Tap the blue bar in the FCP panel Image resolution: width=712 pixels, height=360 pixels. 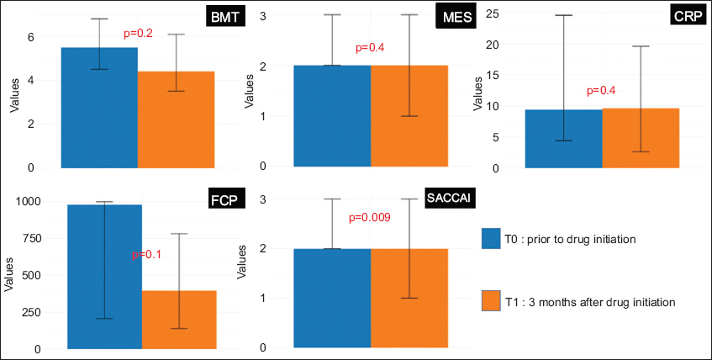point(104,277)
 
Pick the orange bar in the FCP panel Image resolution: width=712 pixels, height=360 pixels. point(179,320)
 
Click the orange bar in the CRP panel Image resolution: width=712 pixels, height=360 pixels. point(641,138)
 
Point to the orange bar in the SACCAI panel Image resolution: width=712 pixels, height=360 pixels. point(409,298)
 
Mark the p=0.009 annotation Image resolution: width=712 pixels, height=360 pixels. point(370,218)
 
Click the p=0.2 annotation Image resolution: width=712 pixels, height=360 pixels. point(140,34)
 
